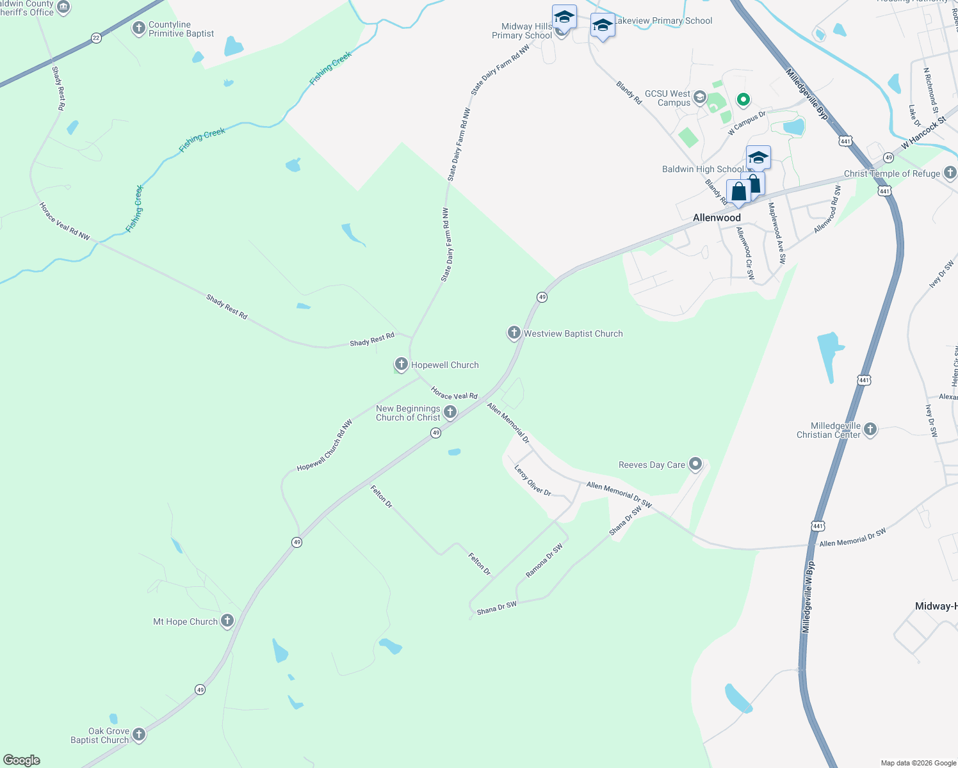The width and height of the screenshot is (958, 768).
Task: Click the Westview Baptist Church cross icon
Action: tap(514, 333)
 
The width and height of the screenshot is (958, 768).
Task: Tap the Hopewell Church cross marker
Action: tap(402, 365)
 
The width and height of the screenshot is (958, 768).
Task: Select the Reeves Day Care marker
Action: tap(695, 465)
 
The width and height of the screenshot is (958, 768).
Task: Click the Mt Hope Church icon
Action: tap(227, 621)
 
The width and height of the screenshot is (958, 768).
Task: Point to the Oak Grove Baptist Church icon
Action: tap(138, 735)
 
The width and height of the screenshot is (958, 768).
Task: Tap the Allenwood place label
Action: tap(717, 218)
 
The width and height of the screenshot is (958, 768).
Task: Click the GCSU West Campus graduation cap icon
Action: tap(700, 98)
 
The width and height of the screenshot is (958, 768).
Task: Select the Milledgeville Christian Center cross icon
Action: tap(870, 429)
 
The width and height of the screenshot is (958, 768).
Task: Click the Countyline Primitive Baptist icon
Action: tap(139, 28)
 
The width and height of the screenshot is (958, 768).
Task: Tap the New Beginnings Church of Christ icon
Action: tap(450, 412)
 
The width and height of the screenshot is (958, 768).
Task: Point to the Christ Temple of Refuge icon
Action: tap(950, 173)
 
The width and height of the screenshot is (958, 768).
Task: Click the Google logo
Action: tap(22, 760)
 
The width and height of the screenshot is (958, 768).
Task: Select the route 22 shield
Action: tap(96, 38)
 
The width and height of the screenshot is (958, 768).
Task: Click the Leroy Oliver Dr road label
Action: tap(533, 481)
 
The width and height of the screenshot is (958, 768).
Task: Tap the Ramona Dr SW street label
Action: tap(544, 561)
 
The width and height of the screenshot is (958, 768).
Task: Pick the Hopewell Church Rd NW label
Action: tap(325, 446)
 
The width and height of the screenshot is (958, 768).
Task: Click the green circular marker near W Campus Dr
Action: tap(743, 99)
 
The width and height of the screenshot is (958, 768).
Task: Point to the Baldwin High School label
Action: tap(702, 170)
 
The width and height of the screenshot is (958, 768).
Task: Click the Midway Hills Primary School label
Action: tap(522, 31)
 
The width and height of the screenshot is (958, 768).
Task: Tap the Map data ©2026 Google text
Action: tap(918, 763)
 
